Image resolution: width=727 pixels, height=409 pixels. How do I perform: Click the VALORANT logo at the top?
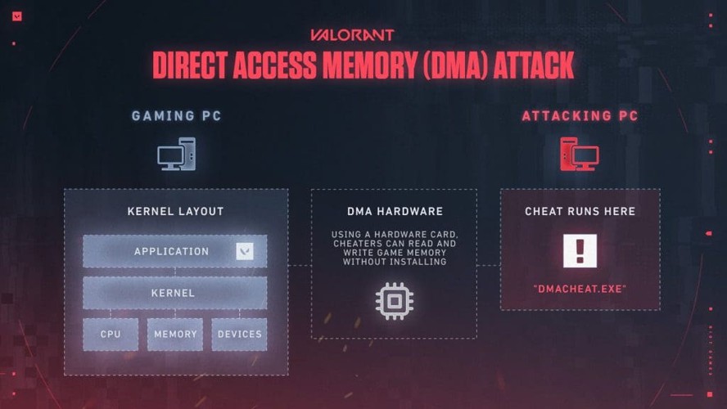coord(352,35)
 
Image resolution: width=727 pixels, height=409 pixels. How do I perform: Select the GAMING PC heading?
coord(176,116)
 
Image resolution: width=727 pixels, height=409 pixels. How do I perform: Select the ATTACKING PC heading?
coord(580,116)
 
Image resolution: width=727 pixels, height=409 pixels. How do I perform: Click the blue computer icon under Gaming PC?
coord(176,155)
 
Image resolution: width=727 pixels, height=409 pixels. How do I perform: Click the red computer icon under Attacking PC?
coord(580,155)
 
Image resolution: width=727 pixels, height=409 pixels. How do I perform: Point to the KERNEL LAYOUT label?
coord(175,212)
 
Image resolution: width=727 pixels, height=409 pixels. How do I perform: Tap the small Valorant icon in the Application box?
coord(244,251)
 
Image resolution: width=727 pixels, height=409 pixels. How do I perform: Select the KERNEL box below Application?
coord(174,293)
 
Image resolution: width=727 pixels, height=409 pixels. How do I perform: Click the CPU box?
coord(111,334)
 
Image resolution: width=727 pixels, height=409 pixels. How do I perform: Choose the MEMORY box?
coord(175,334)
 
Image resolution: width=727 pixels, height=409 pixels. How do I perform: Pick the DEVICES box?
coord(239,334)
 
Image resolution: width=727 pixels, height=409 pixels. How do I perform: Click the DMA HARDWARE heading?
coord(394,212)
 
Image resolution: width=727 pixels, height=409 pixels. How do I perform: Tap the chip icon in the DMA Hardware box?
coord(394,301)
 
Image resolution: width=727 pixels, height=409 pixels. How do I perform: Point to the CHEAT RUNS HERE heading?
coord(580,212)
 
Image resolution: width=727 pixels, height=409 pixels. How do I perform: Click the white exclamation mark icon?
coord(580,251)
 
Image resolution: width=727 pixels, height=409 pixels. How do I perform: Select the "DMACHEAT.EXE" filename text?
coord(580,290)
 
